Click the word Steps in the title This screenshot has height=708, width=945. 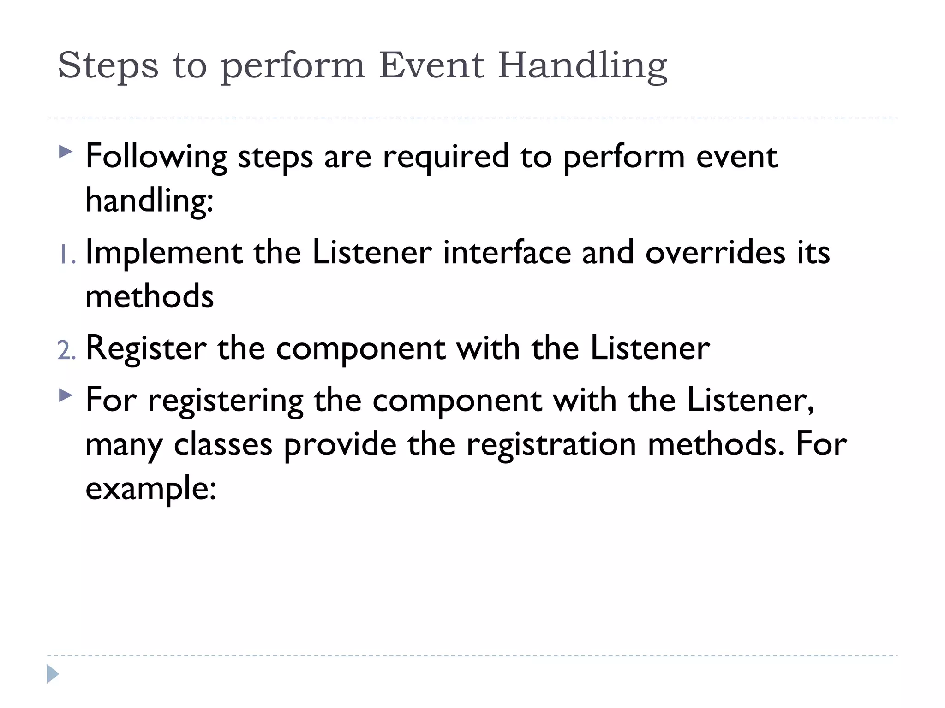[x=108, y=65]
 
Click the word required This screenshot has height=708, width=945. [x=446, y=157]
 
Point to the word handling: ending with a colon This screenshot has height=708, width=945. [x=150, y=201]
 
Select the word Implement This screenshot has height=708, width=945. [x=164, y=254]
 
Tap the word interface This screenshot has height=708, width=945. [x=507, y=253]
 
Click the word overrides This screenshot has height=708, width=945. [x=715, y=253]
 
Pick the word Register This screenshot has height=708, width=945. [x=146, y=349]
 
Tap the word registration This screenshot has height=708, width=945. [x=551, y=445]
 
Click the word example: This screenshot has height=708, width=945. [x=151, y=489]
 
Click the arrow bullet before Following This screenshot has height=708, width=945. [x=66, y=152]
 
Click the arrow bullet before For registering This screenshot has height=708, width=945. [x=66, y=395]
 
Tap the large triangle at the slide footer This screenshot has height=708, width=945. [x=53, y=674]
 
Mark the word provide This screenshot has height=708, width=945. [x=340, y=445]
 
